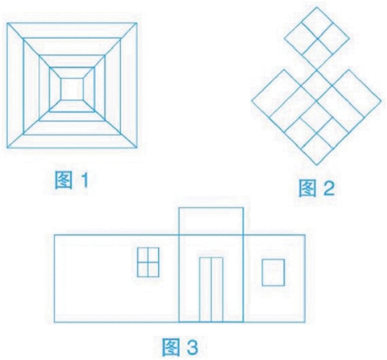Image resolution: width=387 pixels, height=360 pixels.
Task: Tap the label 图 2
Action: coord(317,188)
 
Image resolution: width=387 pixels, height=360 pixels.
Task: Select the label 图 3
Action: coord(180,347)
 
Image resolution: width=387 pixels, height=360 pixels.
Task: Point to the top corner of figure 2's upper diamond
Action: coord(317,7)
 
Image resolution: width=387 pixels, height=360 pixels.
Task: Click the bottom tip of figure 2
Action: coord(317,165)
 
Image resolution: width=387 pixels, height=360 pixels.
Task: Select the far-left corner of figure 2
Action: coord(251,101)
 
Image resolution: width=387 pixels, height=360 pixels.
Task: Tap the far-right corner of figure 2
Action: coord(381,101)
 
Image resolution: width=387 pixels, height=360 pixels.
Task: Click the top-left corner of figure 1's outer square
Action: coord(7,23)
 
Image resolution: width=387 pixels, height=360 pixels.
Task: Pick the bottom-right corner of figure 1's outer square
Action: coord(137,148)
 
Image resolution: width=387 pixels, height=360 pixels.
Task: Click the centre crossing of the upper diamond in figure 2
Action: coord(317,39)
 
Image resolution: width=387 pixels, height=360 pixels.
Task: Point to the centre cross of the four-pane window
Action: coord(148,262)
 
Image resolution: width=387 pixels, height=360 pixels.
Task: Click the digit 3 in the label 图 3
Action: coord(191,347)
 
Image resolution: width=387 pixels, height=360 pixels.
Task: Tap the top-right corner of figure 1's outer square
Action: coord(137,23)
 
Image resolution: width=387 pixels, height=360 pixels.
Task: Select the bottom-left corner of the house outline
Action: coord(54,322)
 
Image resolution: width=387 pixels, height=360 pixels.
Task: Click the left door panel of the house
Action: coord(205,290)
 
